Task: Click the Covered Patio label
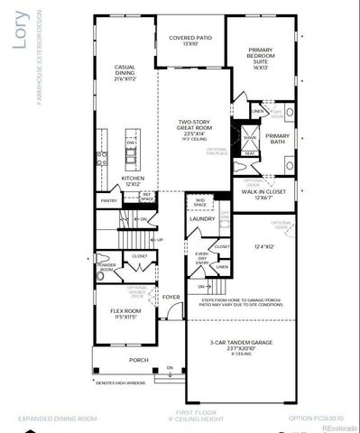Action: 189,39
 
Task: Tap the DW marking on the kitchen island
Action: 132,143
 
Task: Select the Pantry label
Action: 108,200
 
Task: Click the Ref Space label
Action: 148,195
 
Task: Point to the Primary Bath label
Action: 277,139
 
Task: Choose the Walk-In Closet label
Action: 263,194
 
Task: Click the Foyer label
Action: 171,295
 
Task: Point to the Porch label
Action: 138,360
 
